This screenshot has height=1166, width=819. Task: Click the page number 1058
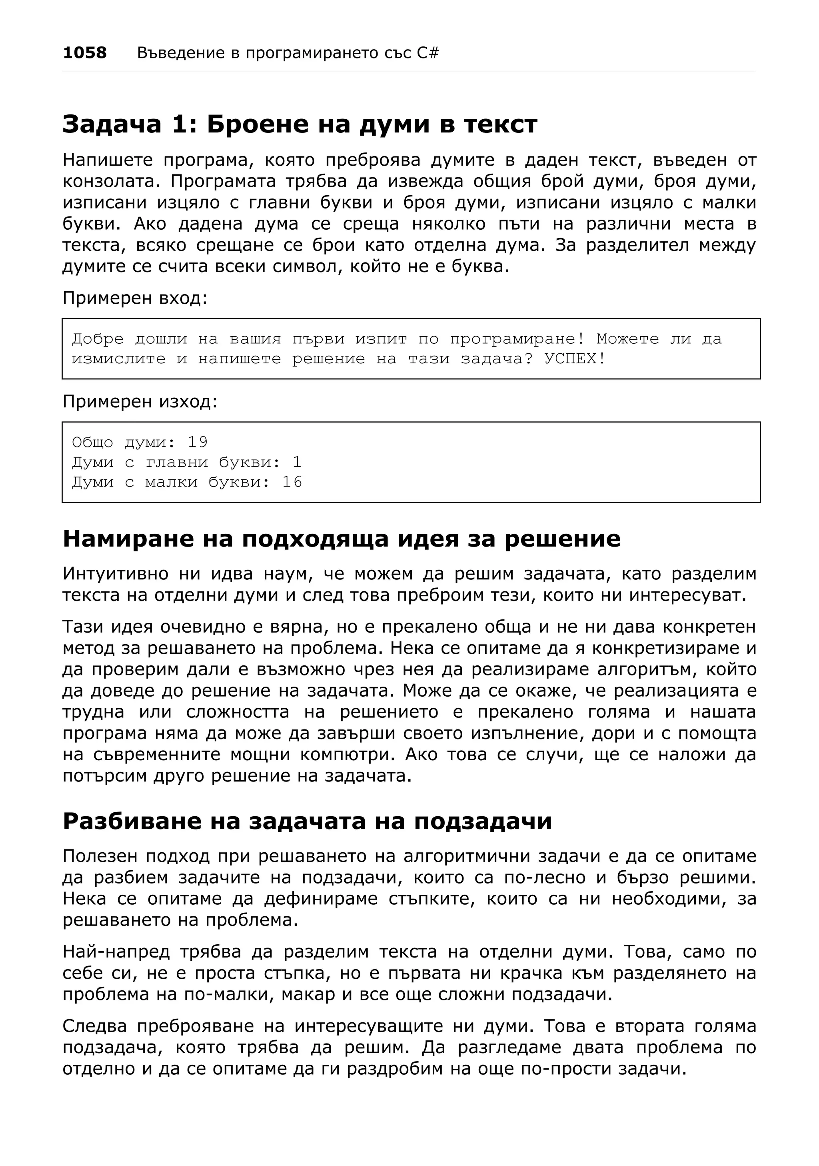point(85,53)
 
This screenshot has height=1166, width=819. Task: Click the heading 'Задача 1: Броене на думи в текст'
point(300,124)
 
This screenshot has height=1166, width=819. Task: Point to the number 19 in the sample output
point(198,442)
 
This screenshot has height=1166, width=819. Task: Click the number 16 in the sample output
point(292,482)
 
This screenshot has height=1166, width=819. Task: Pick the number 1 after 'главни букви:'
point(297,462)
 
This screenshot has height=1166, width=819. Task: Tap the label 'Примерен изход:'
point(140,402)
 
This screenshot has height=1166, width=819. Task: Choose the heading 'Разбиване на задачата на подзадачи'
point(307,821)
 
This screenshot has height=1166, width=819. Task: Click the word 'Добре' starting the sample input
point(98,339)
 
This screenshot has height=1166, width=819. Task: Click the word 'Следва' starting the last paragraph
point(94,1026)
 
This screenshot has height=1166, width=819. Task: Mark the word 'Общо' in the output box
point(92,442)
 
